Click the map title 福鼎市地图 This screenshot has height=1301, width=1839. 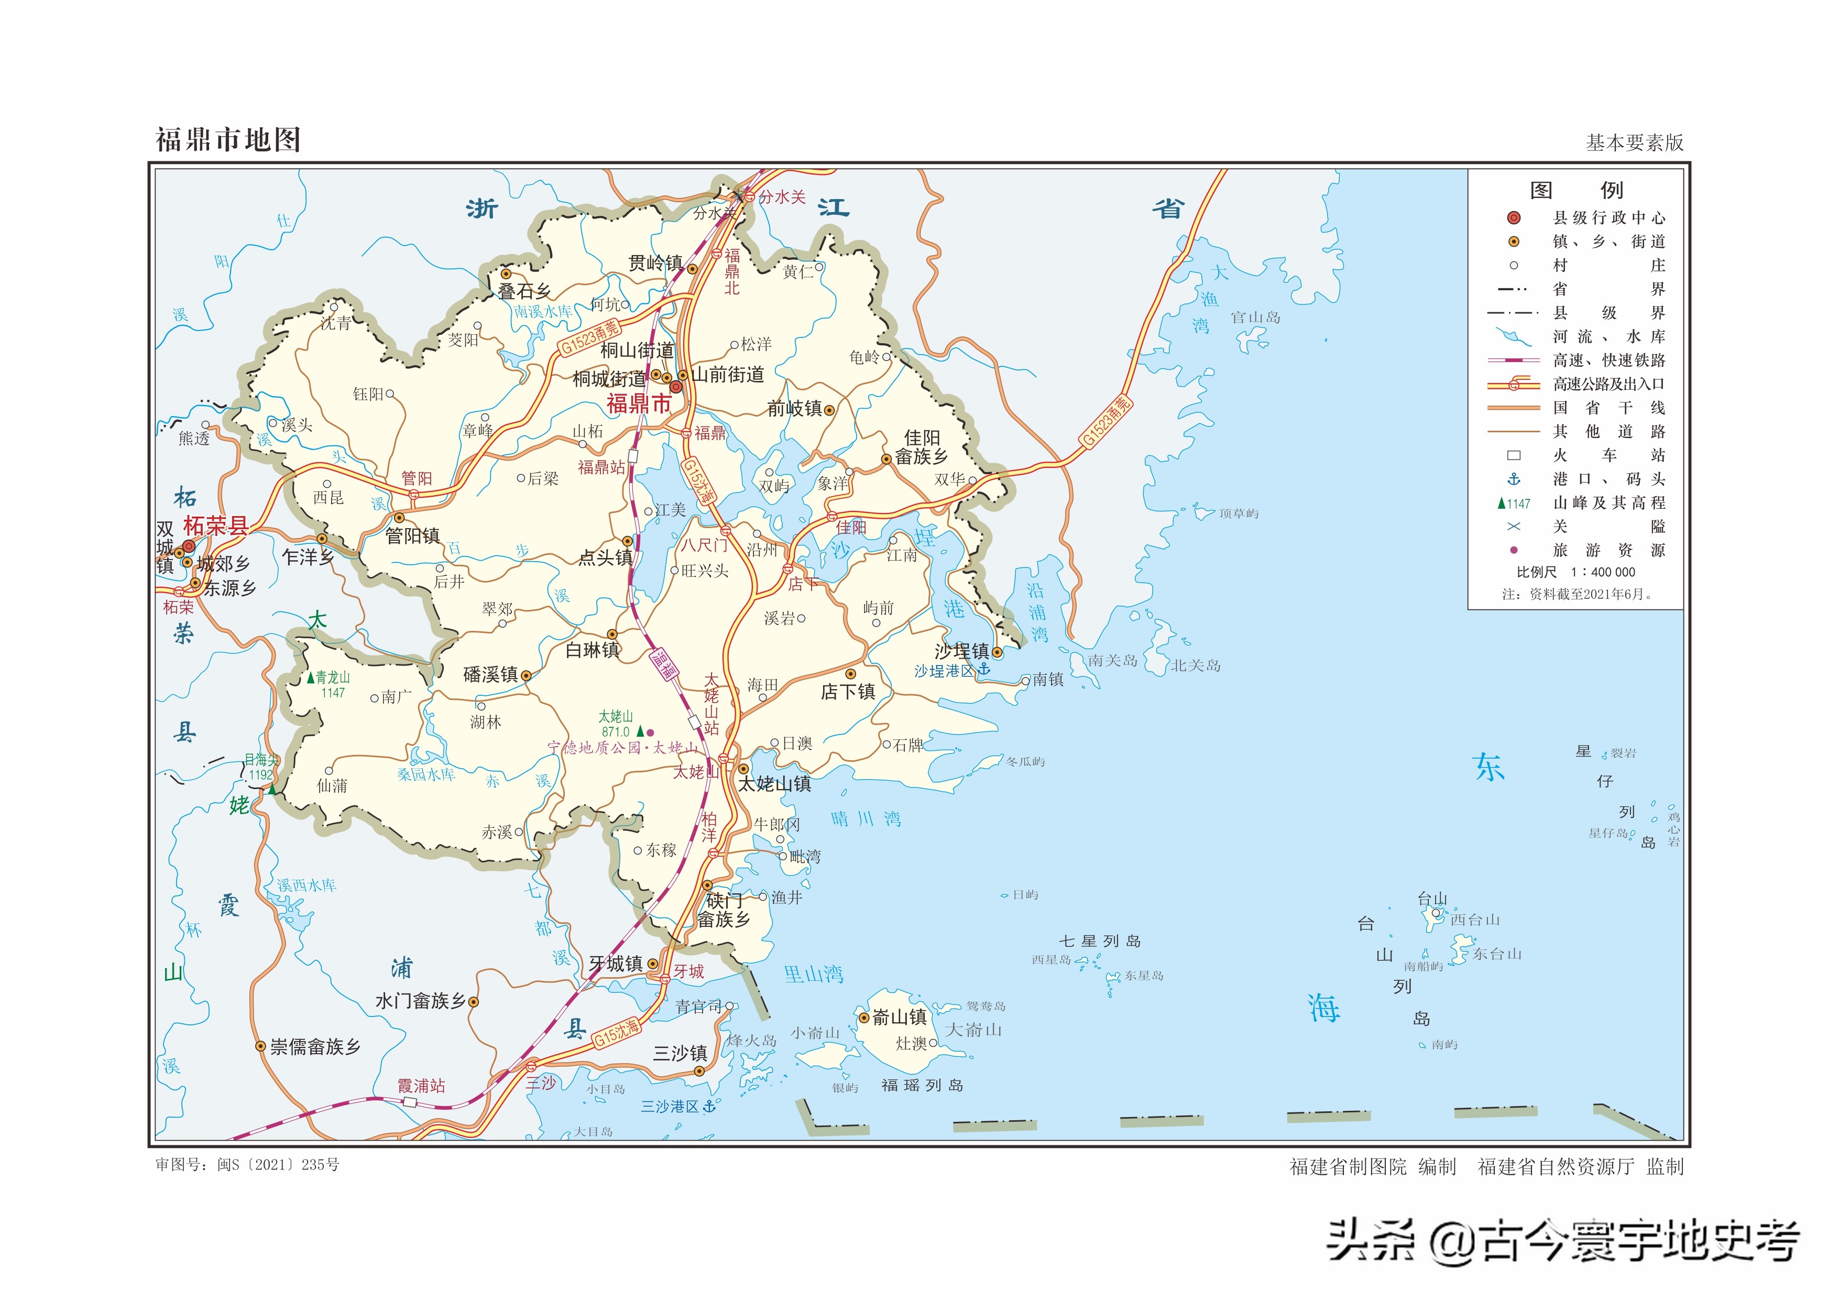[228, 140]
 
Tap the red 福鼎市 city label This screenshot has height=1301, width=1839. [638, 404]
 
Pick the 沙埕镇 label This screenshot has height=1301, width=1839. [961, 651]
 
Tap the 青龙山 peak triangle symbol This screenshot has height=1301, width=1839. [311, 677]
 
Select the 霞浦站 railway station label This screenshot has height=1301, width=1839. [421, 1086]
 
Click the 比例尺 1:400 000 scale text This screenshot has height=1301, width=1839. [1575, 572]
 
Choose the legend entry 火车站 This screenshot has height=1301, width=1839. [1608, 455]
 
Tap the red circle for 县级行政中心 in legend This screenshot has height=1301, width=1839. [1513, 218]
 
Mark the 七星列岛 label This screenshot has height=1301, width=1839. [1100, 942]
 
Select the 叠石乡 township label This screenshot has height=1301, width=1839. [524, 292]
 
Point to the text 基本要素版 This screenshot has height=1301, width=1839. [1635, 143]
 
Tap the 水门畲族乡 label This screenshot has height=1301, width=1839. [421, 1001]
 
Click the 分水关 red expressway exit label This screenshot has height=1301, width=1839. [782, 197]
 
